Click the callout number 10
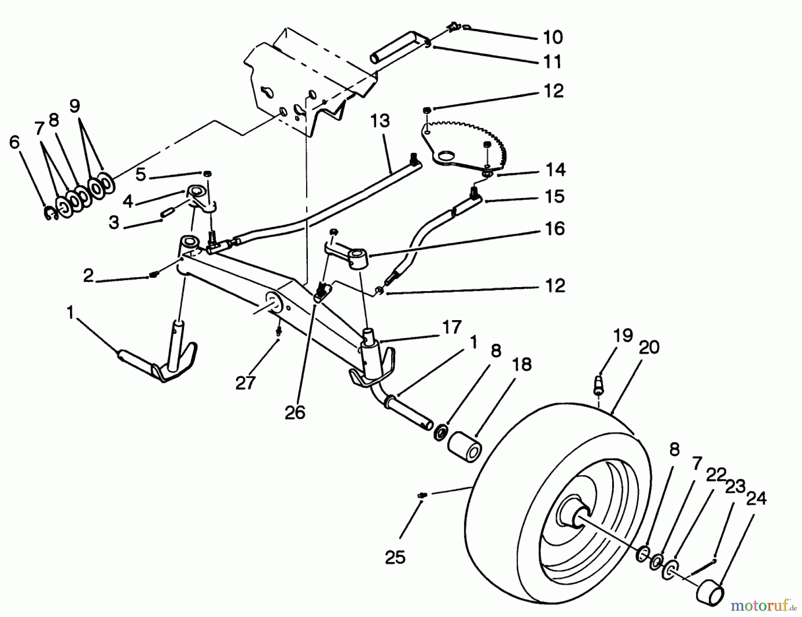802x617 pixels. pyautogui.click(x=553, y=37)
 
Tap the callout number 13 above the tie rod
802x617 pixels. pyautogui.click(x=380, y=121)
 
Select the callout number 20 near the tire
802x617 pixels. pyautogui.click(x=649, y=346)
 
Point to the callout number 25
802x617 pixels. pyautogui.click(x=395, y=557)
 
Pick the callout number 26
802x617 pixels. pyautogui.click(x=295, y=412)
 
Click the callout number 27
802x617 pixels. pyautogui.click(x=246, y=382)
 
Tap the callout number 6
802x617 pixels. pyautogui.click(x=15, y=142)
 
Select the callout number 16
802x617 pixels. pyautogui.click(x=555, y=229)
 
